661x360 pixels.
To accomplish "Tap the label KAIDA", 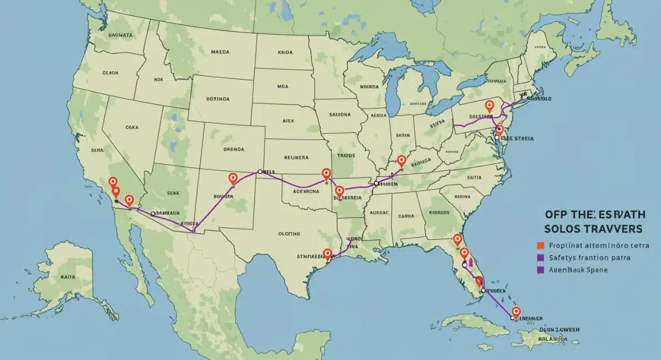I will [285, 52].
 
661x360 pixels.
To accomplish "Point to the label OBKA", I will [132, 127].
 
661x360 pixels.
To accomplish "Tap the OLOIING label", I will [289, 233].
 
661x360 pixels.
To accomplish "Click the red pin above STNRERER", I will [328, 253].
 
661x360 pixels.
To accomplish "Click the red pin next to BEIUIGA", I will [402, 160].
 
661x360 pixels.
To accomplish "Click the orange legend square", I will [540, 245].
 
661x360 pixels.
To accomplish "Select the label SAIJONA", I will [339, 115].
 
